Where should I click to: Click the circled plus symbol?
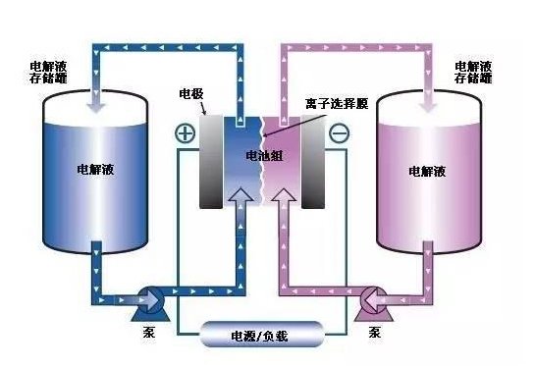click(x=186, y=132)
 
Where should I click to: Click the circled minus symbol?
click(x=340, y=132)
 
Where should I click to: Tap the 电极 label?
click(x=191, y=93)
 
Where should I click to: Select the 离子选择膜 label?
click(x=337, y=103)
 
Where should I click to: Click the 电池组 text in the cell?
click(x=264, y=156)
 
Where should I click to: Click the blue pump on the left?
click(x=150, y=303)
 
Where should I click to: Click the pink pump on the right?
click(x=374, y=303)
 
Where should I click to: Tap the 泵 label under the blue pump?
click(x=149, y=332)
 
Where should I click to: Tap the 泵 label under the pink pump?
click(x=375, y=332)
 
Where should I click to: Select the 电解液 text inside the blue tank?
click(x=95, y=169)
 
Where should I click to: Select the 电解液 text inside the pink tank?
click(x=427, y=171)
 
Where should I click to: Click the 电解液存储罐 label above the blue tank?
click(x=48, y=73)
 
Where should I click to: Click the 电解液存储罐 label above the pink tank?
click(x=473, y=73)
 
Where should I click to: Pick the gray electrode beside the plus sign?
click(x=211, y=161)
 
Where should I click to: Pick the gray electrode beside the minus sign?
click(x=313, y=161)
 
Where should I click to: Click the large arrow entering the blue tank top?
click(x=96, y=100)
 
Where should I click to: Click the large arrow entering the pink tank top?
click(x=428, y=100)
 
